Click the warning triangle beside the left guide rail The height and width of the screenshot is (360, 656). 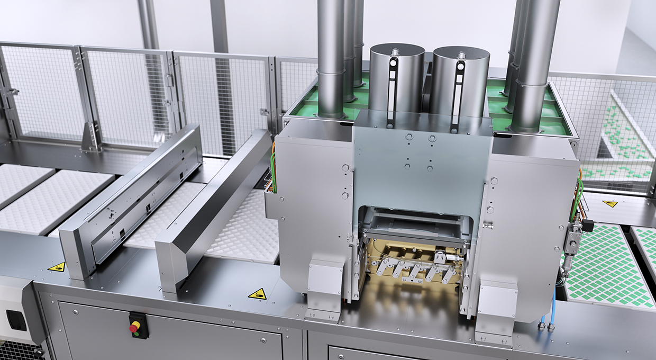(57, 267)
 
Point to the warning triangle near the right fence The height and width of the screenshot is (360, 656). (610, 203)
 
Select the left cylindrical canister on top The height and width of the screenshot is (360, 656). (397, 79)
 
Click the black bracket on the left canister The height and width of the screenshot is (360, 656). (391, 90)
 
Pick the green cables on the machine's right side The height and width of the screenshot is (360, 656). (578, 196)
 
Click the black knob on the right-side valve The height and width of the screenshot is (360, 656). (587, 227)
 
